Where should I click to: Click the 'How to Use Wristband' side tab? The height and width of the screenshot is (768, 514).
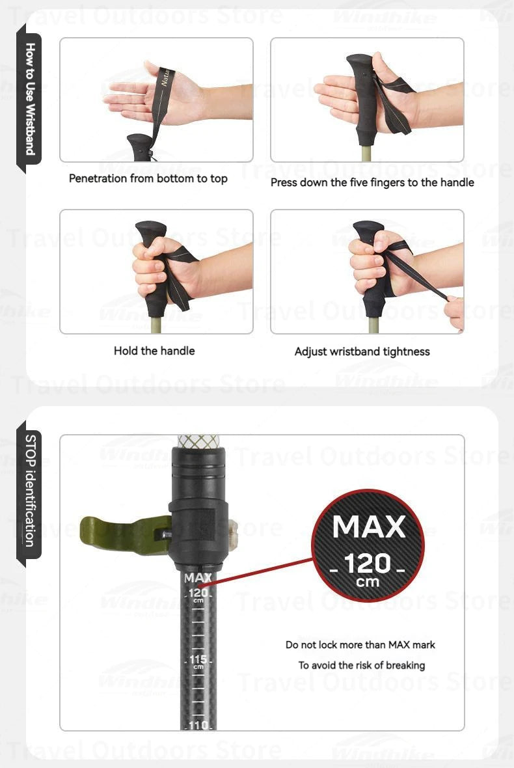coord(29,98)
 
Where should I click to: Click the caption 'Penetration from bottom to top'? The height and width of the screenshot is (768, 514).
coord(148,178)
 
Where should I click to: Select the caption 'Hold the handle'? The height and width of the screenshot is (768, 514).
coord(154,351)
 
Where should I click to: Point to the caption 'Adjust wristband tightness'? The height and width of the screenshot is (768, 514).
coord(362,351)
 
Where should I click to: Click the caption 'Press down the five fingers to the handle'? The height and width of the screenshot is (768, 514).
coord(372,183)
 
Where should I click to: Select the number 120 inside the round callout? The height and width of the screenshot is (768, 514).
coord(368,562)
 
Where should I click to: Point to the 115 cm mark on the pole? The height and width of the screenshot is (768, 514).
coord(198,661)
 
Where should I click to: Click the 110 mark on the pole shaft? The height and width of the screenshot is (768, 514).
coord(198,724)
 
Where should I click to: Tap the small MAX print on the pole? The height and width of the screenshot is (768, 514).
coord(198,577)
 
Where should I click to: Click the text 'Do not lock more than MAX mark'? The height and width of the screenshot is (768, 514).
coord(360,645)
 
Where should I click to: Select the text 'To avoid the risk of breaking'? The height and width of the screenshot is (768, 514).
coord(362,665)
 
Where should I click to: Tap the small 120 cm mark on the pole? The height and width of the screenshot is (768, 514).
coord(198,594)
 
